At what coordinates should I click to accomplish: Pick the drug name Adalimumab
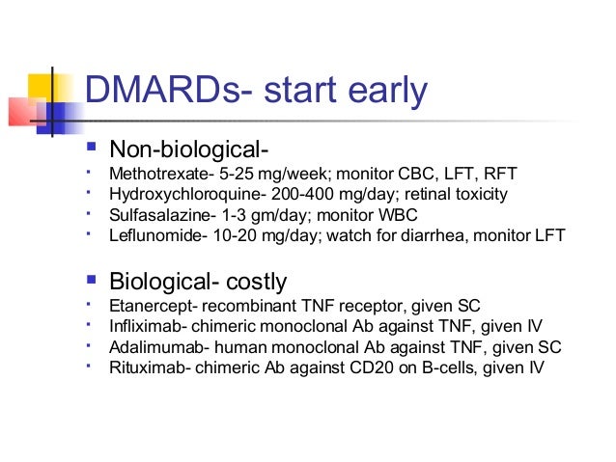tap(154, 347)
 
